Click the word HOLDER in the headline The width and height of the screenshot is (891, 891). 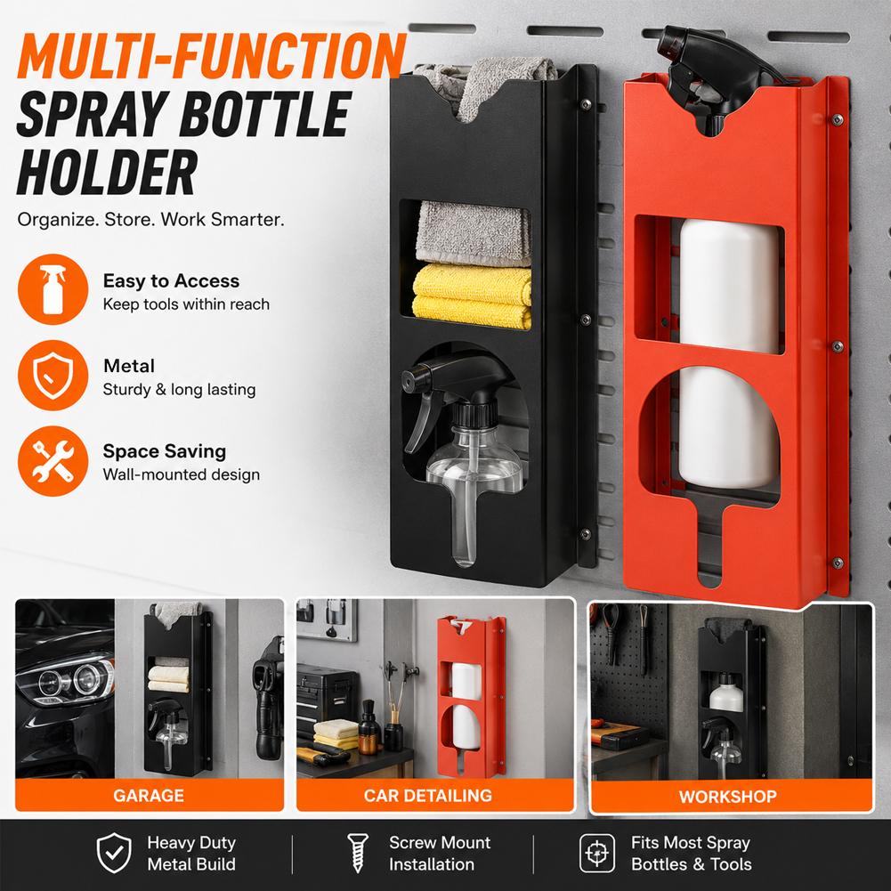pos(107,173)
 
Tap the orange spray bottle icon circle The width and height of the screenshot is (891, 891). pos(53,289)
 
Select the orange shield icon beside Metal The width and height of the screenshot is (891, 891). pos(53,375)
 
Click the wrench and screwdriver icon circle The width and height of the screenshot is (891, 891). pos(53,461)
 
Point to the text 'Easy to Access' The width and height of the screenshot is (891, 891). pos(171,280)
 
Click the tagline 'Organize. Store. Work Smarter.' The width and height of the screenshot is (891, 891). pos(150,219)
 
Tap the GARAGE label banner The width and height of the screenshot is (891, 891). pos(149,795)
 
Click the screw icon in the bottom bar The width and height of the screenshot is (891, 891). pos(358,853)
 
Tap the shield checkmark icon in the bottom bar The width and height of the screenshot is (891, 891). pos(114,853)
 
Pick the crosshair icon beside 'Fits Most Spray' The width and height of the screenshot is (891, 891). pos(597,853)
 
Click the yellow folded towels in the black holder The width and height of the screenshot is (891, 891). pos(472,296)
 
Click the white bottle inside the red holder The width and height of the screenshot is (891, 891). pos(728,352)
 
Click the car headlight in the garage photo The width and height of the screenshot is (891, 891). pos(67,681)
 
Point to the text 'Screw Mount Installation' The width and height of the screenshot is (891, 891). pos(439,853)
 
